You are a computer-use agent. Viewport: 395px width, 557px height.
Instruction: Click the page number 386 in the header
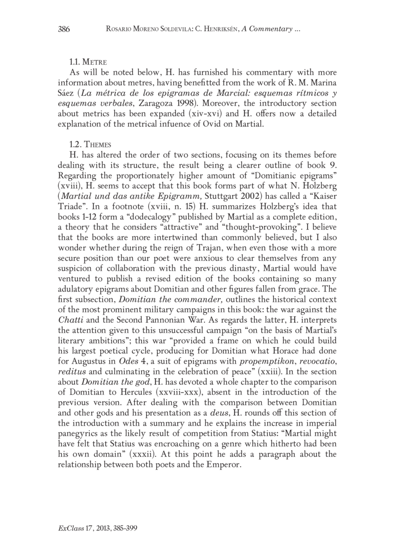pos(64,30)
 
